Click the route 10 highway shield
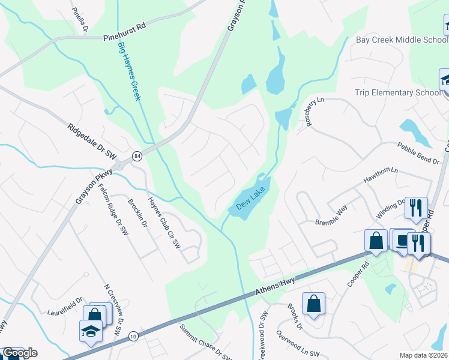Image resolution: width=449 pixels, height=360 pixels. coord(133,337)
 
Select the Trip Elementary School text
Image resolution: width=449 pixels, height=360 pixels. coord(397,93)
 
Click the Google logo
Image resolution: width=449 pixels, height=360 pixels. coord(20,353)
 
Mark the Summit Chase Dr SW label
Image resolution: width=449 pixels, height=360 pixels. coord(206,343)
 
